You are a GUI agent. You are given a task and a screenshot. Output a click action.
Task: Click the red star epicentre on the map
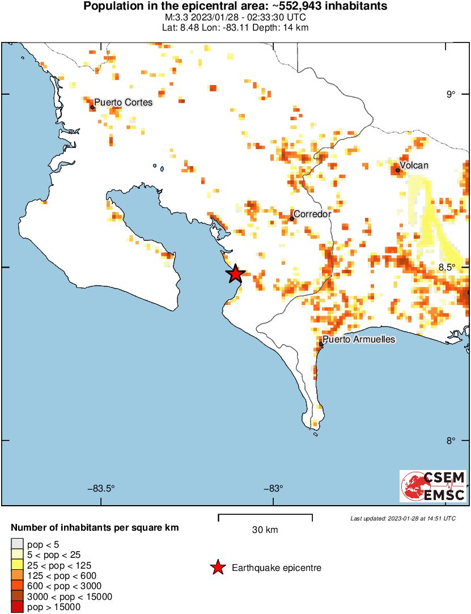point(235,274)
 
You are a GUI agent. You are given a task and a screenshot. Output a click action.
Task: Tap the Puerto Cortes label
point(123,103)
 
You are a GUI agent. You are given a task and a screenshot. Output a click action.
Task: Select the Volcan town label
point(414,166)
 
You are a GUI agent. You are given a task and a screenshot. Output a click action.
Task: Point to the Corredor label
point(312,214)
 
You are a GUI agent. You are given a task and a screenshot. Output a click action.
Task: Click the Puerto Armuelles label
point(359,339)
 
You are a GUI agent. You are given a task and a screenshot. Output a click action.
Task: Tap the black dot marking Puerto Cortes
point(92,107)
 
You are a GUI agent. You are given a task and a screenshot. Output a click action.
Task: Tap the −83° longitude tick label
point(273,488)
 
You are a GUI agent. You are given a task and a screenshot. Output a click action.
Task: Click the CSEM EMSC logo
point(433,486)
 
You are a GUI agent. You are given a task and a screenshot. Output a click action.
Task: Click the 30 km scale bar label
point(265,530)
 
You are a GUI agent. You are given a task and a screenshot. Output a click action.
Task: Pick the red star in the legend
point(217,568)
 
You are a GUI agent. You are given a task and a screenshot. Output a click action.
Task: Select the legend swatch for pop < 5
point(17,545)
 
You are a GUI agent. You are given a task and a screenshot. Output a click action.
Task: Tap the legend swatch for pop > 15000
point(17,607)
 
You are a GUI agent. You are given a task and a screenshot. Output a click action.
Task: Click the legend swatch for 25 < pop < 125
point(17,565)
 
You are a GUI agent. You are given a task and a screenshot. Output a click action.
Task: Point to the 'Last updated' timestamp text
point(402,518)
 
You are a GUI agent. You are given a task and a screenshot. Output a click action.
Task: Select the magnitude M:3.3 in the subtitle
point(174,18)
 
